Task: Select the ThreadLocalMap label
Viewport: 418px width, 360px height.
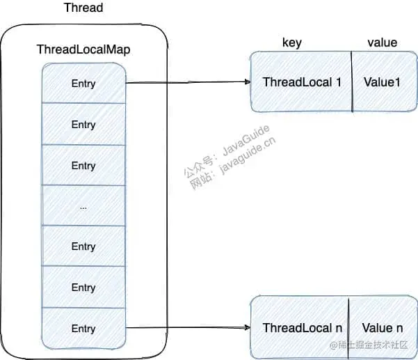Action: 83,50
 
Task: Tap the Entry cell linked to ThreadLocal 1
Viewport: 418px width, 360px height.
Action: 83,84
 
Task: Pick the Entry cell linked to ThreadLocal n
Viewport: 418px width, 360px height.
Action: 83,328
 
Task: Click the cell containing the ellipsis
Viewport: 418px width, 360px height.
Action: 83,207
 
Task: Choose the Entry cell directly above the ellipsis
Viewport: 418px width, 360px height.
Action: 83,166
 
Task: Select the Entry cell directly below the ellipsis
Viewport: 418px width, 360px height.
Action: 83,246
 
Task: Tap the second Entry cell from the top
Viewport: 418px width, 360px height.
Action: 83,125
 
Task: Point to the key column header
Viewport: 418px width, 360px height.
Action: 291,43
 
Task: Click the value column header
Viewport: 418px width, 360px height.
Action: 382,43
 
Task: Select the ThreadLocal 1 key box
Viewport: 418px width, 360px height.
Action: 301,82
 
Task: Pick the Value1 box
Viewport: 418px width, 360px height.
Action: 383,82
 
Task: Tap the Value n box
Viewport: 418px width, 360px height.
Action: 381,327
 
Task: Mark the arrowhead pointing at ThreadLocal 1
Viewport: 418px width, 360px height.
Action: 247,82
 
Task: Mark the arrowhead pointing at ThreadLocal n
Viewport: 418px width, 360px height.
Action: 247,327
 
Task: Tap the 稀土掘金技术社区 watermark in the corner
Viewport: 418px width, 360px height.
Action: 375,345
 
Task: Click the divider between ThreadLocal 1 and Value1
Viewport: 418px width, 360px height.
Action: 353,82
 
